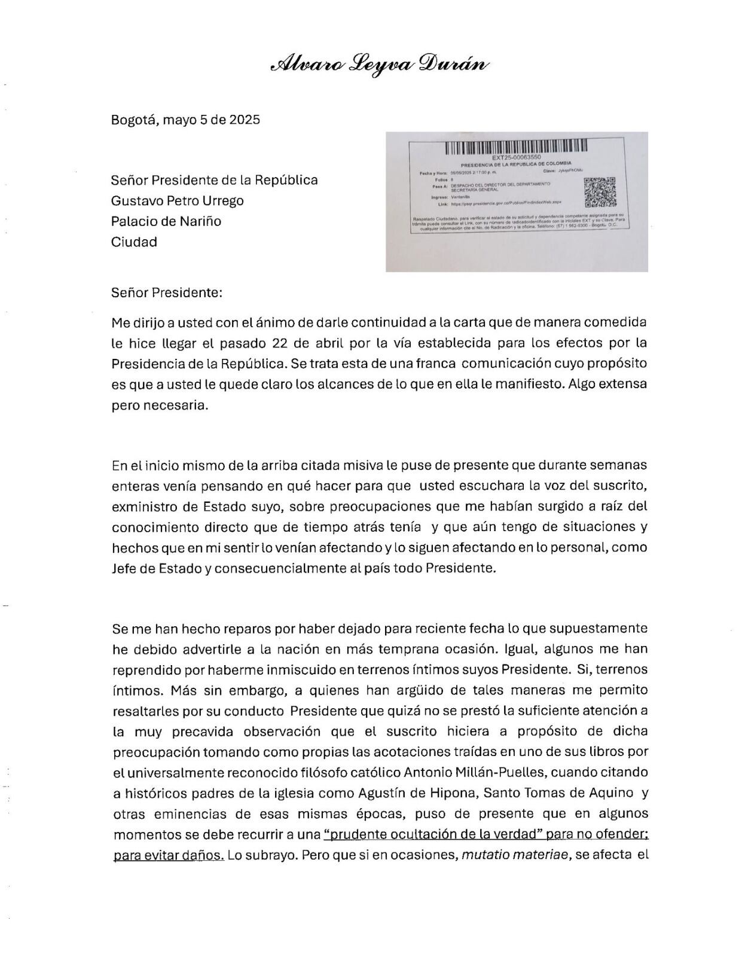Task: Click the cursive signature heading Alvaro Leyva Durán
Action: (x=380, y=64)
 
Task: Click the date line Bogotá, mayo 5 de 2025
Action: (x=185, y=120)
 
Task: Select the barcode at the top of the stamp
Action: (x=517, y=146)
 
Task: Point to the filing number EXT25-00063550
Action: (x=517, y=157)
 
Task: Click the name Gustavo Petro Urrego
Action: (x=178, y=200)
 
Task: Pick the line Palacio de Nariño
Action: (x=166, y=221)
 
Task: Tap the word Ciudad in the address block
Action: (x=134, y=242)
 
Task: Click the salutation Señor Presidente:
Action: (x=167, y=293)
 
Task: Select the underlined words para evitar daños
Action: (x=168, y=855)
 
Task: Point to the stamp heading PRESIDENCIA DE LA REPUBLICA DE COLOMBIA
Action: (x=516, y=164)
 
